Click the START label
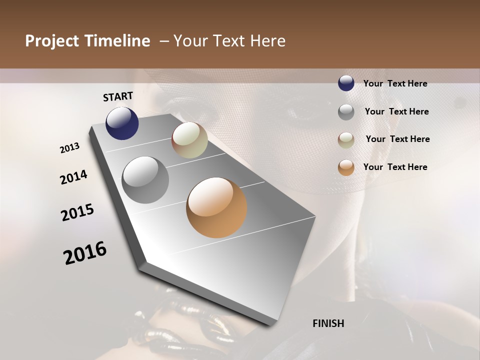click(118, 96)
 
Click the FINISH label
click(328, 323)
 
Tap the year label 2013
click(70, 148)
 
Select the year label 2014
click(73, 177)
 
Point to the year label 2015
click(77, 212)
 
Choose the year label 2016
click(85, 253)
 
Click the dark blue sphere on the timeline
click(122, 123)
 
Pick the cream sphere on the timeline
click(189, 140)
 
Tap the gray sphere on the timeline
click(145, 180)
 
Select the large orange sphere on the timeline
click(216, 207)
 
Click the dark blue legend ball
click(346, 83)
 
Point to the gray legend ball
click(346, 111)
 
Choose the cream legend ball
click(346, 140)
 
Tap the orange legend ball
click(346, 167)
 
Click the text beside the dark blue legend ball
click(395, 83)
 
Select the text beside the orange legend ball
click(395, 167)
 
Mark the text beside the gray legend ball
click(396, 111)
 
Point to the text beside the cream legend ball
click(397, 139)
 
